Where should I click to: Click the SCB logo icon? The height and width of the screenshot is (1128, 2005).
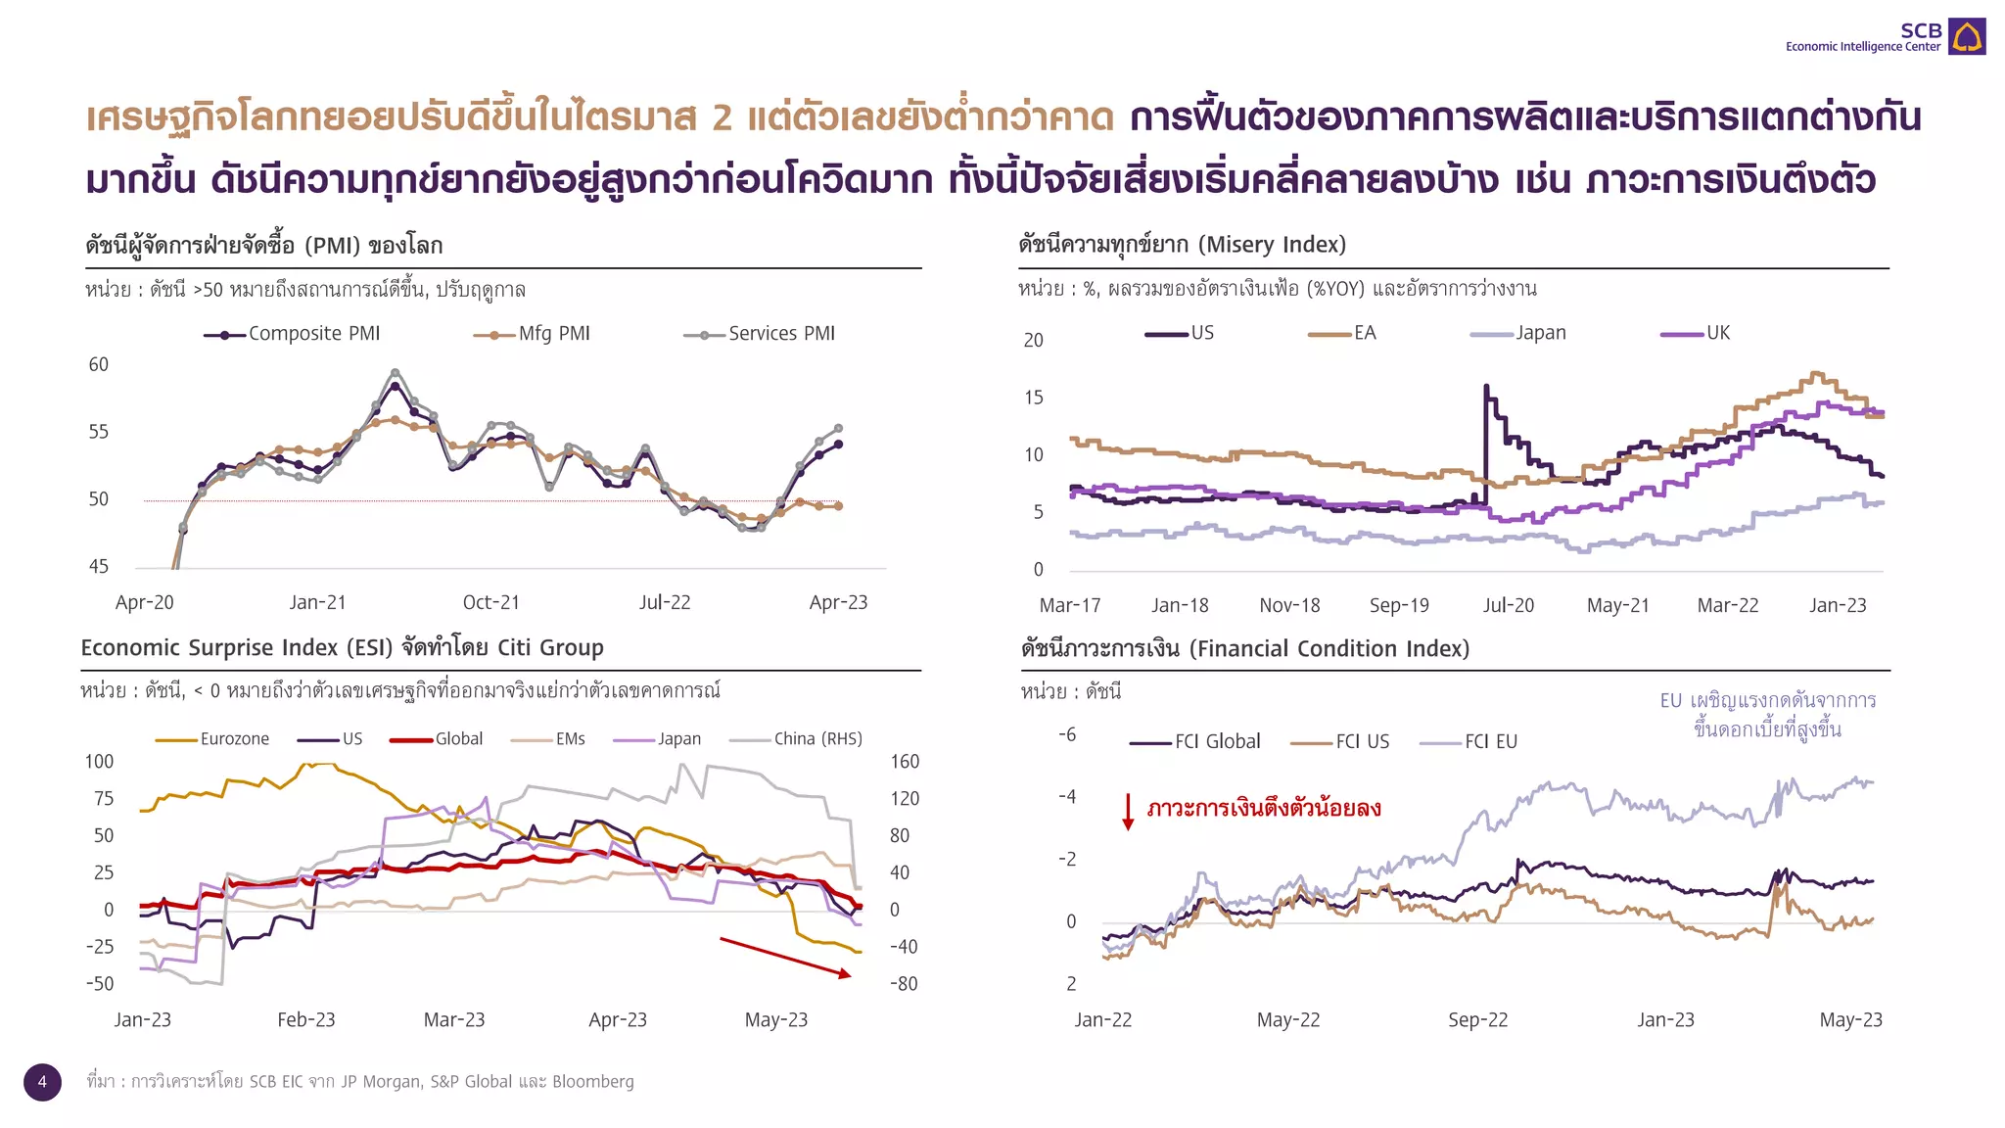tap(1966, 37)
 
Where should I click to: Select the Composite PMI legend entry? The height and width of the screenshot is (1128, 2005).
tap(293, 334)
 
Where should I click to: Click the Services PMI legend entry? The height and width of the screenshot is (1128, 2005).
tap(760, 334)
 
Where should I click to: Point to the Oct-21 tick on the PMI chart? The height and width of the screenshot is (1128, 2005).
tap(490, 602)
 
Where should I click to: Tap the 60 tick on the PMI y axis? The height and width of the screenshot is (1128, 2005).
tap(99, 364)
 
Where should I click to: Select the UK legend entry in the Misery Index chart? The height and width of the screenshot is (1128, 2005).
tap(1697, 333)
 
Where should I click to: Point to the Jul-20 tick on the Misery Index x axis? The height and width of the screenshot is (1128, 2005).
tap(1508, 605)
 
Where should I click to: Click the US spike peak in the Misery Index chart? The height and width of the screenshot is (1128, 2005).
tap(1486, 387)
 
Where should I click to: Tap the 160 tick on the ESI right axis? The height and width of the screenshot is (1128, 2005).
tap(904, 761)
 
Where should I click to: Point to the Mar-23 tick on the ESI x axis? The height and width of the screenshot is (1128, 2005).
tap(454, 1019)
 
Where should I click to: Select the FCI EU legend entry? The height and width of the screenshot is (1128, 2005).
tap(1469, 742)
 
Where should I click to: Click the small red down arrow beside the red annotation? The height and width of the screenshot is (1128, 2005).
tap(1128, 812)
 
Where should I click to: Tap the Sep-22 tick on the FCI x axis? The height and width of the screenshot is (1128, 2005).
tap(1477, 1019)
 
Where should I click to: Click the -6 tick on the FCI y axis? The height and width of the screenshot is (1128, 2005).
tap(1067, 734)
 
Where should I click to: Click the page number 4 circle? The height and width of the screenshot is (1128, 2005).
tap(42, 1082)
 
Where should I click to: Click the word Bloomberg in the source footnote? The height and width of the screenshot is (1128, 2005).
tap(592, 1082)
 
